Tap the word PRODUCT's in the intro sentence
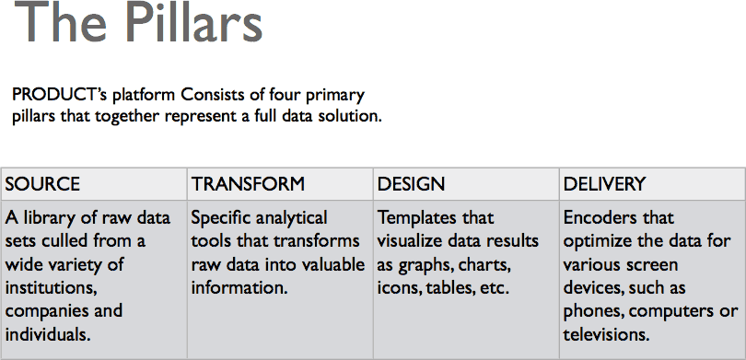coord(60,95)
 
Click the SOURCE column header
coord(42,184)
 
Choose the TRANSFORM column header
coord(248,184)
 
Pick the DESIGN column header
coord(411,184)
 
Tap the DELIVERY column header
coord(604,184)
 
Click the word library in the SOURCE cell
coord(46,218)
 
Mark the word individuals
coord(48,334)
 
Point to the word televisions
coord(606,334)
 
